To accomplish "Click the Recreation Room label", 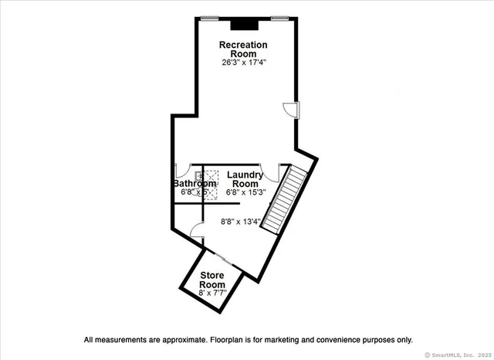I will tap(243, 49).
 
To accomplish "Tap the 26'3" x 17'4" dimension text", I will tap(243, 63).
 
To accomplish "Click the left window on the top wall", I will tap(208, 17).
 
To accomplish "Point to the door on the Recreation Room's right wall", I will tap(292, 110).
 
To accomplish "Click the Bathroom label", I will tap(194, 184).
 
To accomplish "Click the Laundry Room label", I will tap(245, 179).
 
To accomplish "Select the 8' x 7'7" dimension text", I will tap(212, 293).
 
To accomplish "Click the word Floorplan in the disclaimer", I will tap(229, 339).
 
